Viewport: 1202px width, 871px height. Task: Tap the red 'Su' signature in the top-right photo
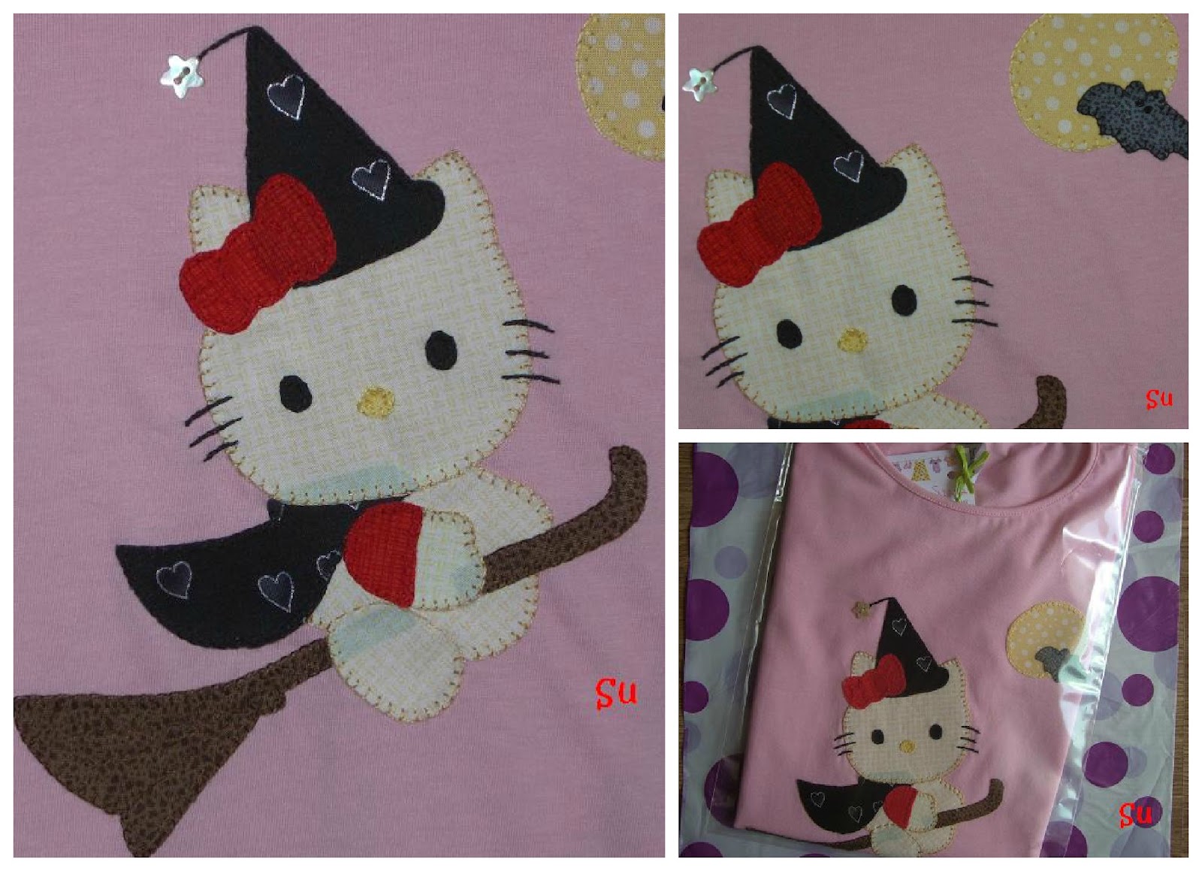tap(1158, 398)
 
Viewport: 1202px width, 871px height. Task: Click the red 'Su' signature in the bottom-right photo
tap(1135, 814)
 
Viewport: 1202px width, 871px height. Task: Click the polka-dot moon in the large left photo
tap(622, 83)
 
